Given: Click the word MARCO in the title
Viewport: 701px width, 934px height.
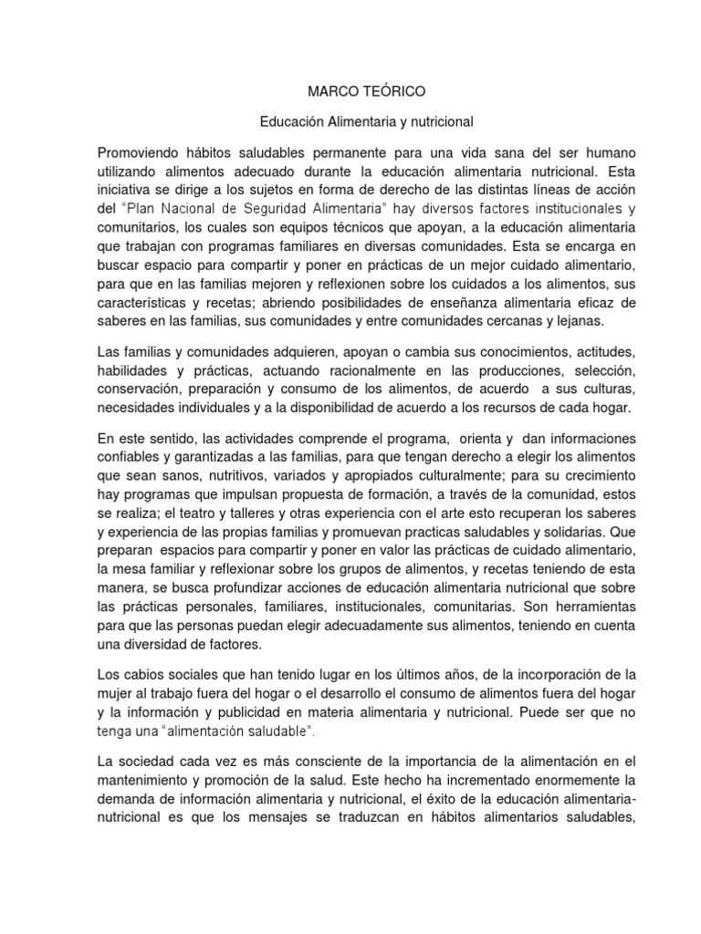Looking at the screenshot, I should coord(327,92).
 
